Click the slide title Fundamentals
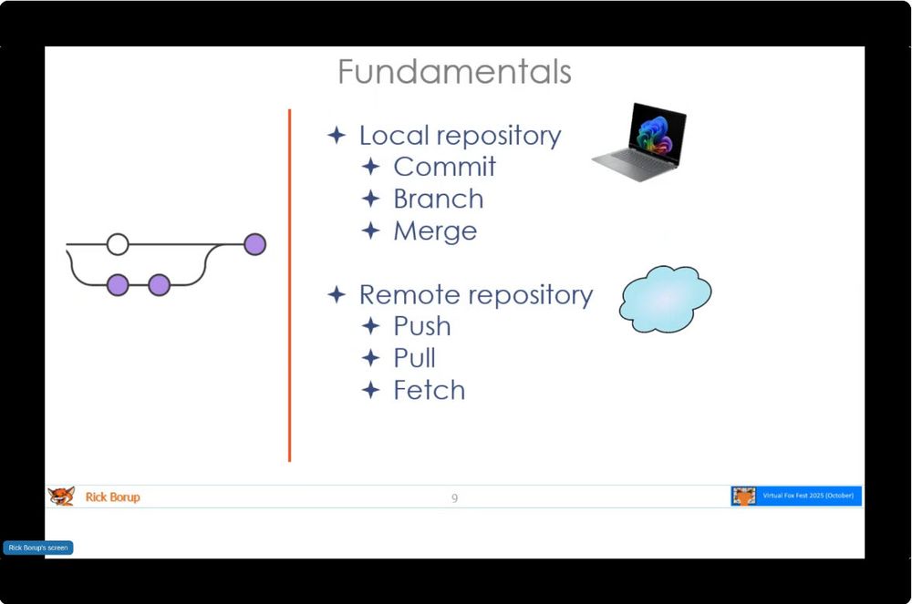pos(454,71)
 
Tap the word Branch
pos(438,199)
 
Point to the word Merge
pos(435,230)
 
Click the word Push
pos(421,326)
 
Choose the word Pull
pos(414,358)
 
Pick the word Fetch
pos(429,390)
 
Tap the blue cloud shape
pos(665,299)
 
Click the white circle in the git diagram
pos(118,244)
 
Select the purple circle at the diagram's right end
pos(254,244)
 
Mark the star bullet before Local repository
pos(337,136)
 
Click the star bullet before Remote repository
pos(337,295)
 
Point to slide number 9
pos(454,497)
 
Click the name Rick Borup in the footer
pos(112,497)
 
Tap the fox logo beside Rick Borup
pos(61,497)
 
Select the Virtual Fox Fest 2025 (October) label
pos(808,496)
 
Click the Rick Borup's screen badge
pos(38,548)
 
